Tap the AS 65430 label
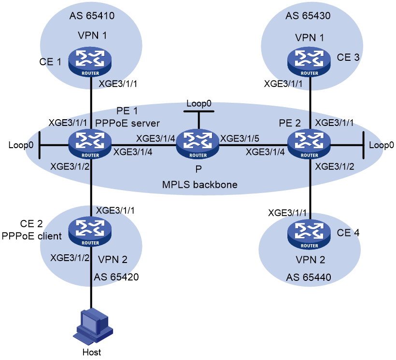tap(308, 16)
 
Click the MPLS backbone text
tap(199, 185)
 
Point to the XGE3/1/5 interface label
tap(240, 138)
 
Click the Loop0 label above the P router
tap(199, 104)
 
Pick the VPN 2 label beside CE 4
tap(310, 260)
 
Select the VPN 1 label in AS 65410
tap(91, 35)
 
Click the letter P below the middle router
tap(198, 169)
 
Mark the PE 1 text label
tap(127, 111)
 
